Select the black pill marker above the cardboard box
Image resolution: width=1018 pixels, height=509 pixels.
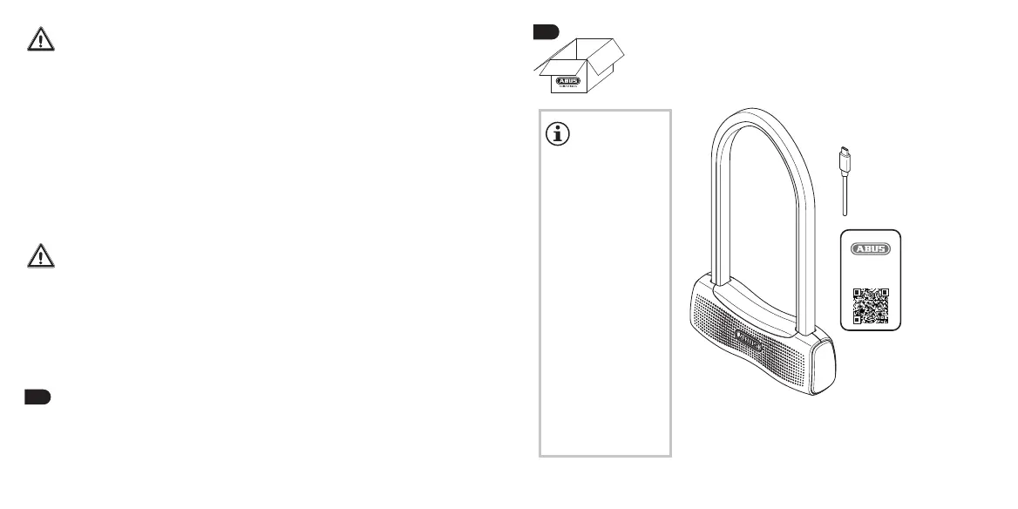pos(546,32)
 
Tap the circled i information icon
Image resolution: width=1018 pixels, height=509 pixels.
pos(557,133)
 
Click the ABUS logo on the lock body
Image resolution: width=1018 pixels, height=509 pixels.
pos(749,336)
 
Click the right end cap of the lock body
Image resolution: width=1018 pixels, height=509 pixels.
pos(822,367)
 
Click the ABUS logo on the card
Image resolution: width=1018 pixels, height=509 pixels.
pos(869,248)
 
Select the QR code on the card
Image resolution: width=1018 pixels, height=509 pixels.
pos(869,304)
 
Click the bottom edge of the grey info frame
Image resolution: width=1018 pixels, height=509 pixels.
pos(605,454)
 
